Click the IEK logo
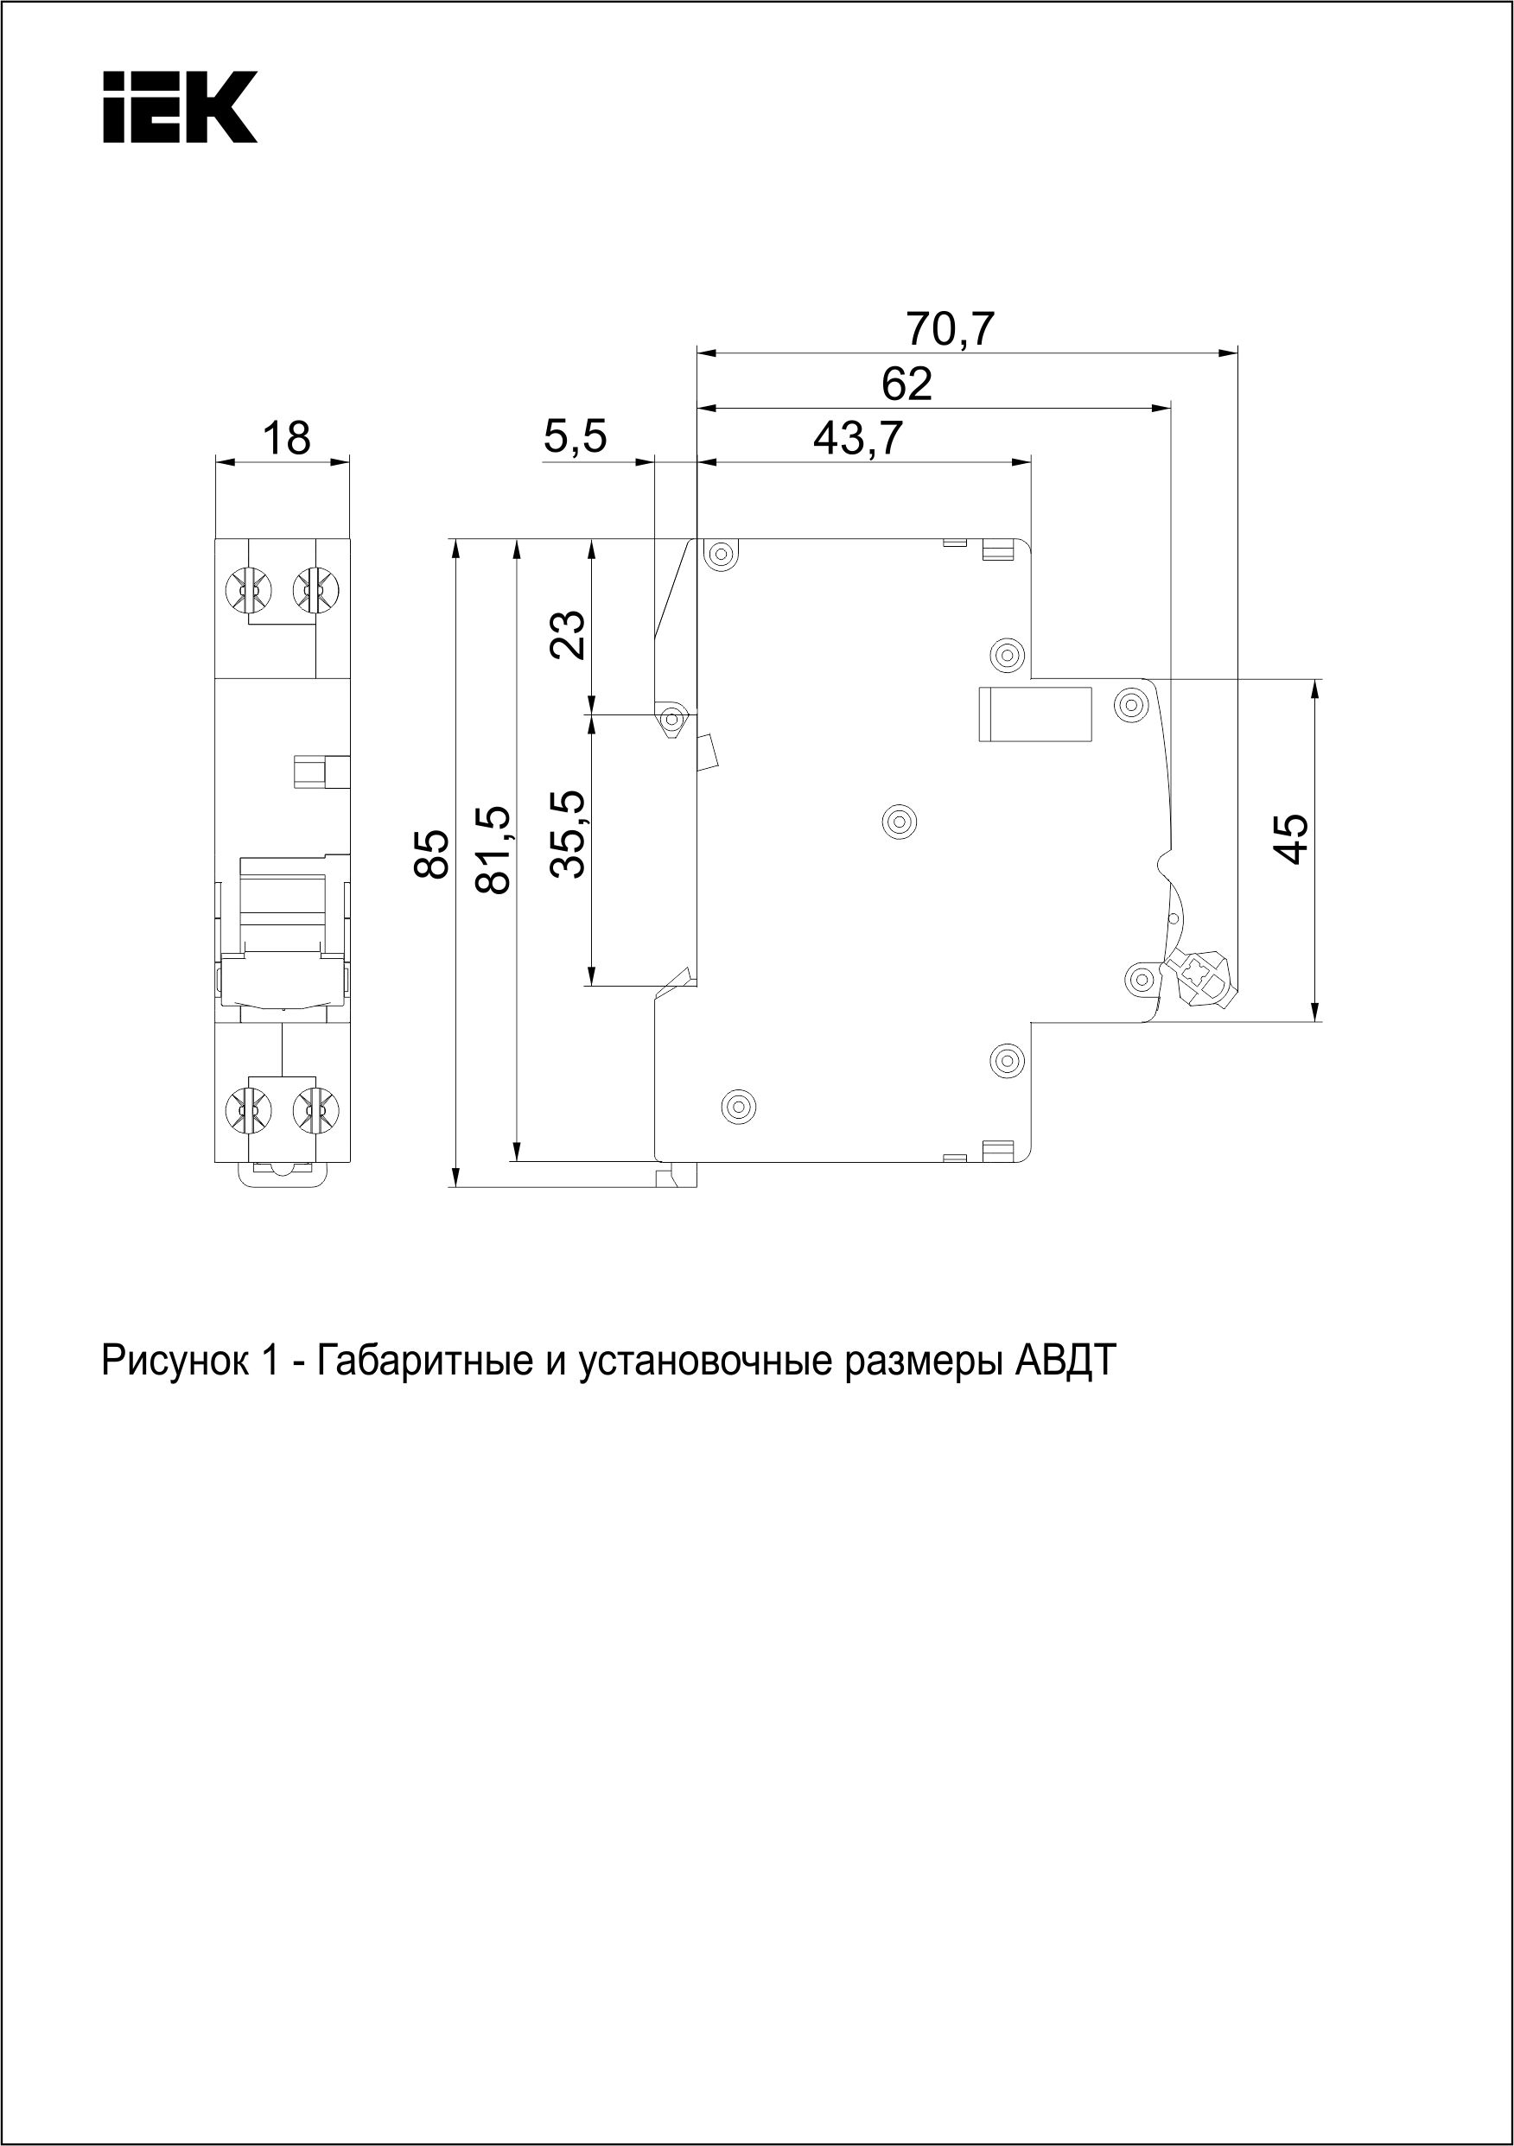[x=180, y=107]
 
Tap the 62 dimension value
[x=907, y=384]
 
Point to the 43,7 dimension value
[x=857, y=438]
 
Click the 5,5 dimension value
[x=576, y=436]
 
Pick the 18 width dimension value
[x=285, y=438]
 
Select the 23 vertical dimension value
[x=569, y=635]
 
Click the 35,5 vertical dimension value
[x=569, y=834]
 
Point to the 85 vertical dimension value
[x=432, y=854]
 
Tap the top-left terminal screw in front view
[x=247, y=590]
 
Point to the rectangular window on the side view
[x=1035, y=714]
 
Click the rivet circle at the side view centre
[x=899, y=822]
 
